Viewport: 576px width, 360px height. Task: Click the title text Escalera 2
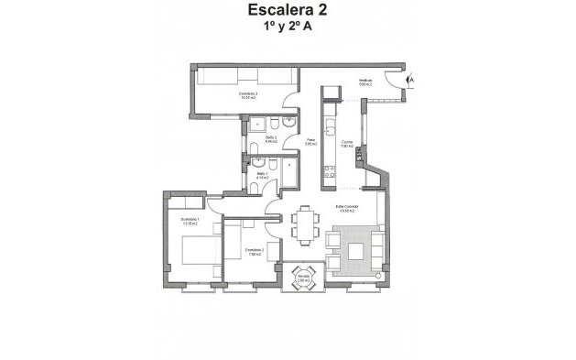(x=287, y=12)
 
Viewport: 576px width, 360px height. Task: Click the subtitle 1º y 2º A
(x=287, y=28)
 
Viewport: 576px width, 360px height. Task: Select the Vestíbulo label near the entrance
(x=365, y=83)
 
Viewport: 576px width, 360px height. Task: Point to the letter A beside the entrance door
(x=411, y=81)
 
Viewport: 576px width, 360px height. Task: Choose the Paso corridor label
(x=310, y=142)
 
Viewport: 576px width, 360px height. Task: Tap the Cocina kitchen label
(x=348, y=143)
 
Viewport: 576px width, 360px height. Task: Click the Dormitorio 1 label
(x=190, y=222)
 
